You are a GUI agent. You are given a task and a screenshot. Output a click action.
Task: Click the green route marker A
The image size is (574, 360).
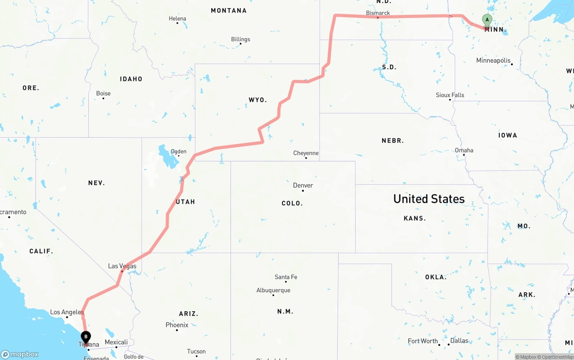click(x=487, y=20)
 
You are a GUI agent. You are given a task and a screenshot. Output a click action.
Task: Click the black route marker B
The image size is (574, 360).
click(x=86, y=337)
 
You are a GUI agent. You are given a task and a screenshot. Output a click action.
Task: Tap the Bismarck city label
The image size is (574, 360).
click(x=378, y=13)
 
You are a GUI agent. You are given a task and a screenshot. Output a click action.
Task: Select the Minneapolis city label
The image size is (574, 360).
click(x=493, y=61)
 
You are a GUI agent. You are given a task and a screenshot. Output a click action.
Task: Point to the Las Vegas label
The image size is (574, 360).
click(x=122, y=266)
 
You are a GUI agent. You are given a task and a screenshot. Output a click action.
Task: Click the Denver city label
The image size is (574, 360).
click(x=303, y=185)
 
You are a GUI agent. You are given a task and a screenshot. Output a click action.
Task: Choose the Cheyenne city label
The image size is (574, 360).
click(x=306, y=153)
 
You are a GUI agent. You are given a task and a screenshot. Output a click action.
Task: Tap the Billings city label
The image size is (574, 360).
click(x=240, y=39)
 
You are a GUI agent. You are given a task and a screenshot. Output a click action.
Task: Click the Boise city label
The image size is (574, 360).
click(x=103, y=93)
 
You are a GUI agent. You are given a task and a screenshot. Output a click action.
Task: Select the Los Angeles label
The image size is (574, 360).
click(x=67, y=312)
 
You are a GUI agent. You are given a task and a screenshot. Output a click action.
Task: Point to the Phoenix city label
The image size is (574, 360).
click(x=177, y=325)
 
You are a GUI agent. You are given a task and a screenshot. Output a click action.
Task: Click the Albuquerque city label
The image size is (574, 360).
click(x=273, y=290)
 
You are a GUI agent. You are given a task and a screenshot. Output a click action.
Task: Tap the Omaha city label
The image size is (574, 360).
click(x=464, y=150)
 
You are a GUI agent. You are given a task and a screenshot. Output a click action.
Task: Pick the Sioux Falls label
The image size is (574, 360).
click(x=450, y=95)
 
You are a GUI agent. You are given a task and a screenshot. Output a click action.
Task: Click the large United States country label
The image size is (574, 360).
click(x=429, y=199)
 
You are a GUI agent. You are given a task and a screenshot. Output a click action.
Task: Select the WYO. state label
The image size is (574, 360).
click(x=257, y=100)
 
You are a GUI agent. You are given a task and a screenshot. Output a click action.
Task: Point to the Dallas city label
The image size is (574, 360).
click(x=459, y=341)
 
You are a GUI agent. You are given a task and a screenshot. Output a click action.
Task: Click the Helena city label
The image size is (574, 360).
click(x=177, y=18)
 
